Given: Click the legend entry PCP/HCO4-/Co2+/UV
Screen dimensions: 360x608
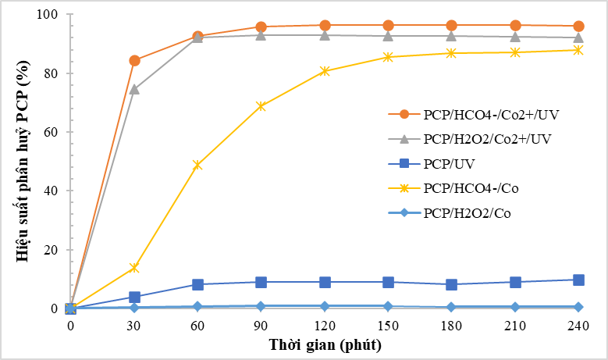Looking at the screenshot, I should coord(491,114).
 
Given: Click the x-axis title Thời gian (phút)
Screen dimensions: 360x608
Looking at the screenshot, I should coord(325,344).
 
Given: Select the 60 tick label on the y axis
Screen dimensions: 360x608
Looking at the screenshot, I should coord(51,132).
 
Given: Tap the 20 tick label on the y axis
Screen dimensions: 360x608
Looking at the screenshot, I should coord(51,250).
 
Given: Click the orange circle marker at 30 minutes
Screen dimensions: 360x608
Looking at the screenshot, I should coord(134,60).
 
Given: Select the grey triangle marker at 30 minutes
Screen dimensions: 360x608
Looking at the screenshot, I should coord(134,89).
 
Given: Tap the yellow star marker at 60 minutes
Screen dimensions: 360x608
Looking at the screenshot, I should coord(197,165).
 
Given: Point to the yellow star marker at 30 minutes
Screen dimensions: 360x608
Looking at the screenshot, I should coord(134,268).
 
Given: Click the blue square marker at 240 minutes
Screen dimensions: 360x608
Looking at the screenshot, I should coord(578,280).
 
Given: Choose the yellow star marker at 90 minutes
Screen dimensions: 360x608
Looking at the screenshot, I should coord(261,106).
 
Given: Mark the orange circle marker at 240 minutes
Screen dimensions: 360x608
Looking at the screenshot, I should coord(578,26).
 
